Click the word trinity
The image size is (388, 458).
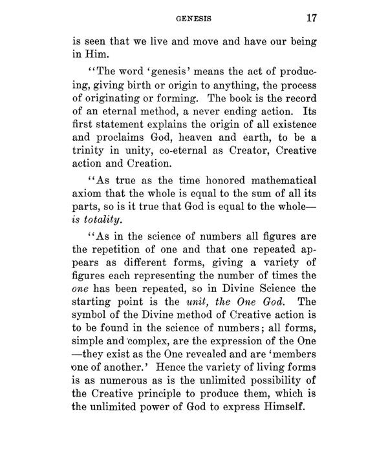click(x=87, y=149)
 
